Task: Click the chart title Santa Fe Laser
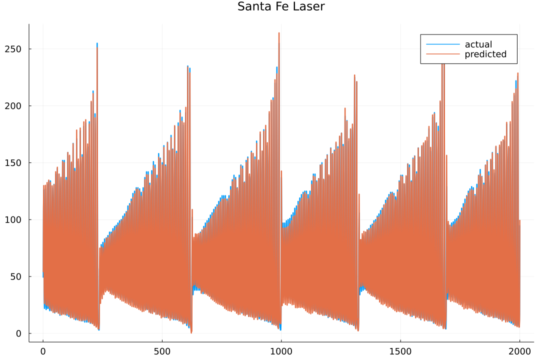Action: pyautogui.click(x=281, y=7)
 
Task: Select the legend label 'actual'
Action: pyautogui.click(x=478, y=44)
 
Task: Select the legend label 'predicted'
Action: pyautogui.click(x=485, y=54)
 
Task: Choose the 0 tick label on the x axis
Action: pyautogui.click(x=43, y=350)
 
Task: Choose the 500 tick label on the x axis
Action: pyautogui.click(x=162, y=350)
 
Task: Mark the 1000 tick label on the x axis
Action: pyautogui.click(x=281, y=350)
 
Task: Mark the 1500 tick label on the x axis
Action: pyautogui.click(x=400, y=350)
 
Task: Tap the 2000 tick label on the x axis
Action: pyautogui.click(x=519, y=350)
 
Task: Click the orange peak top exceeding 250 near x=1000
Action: pyautogui.click(x=279, y=33)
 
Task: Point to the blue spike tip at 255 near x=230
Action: pyautogui.click(x=97, y=43)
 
